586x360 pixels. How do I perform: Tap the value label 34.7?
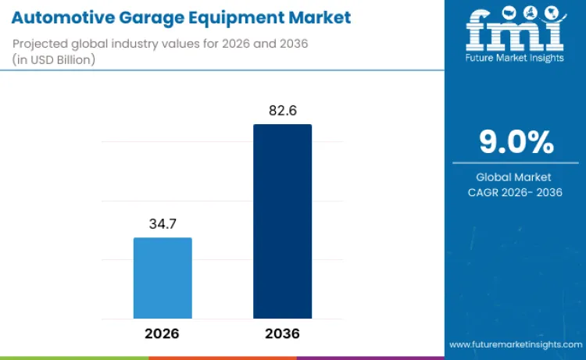point(163,224)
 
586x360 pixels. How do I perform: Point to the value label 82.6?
point(282,111)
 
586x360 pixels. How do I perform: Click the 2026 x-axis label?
point(162,333)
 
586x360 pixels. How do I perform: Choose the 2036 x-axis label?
point(282,333)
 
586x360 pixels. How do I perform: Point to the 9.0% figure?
point(516,142)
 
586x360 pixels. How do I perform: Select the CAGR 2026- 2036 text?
point(516,192)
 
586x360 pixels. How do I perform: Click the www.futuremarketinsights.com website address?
point(515,344)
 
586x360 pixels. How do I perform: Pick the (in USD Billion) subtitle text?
point(54,59)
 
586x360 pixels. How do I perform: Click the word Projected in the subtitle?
point(40,45)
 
